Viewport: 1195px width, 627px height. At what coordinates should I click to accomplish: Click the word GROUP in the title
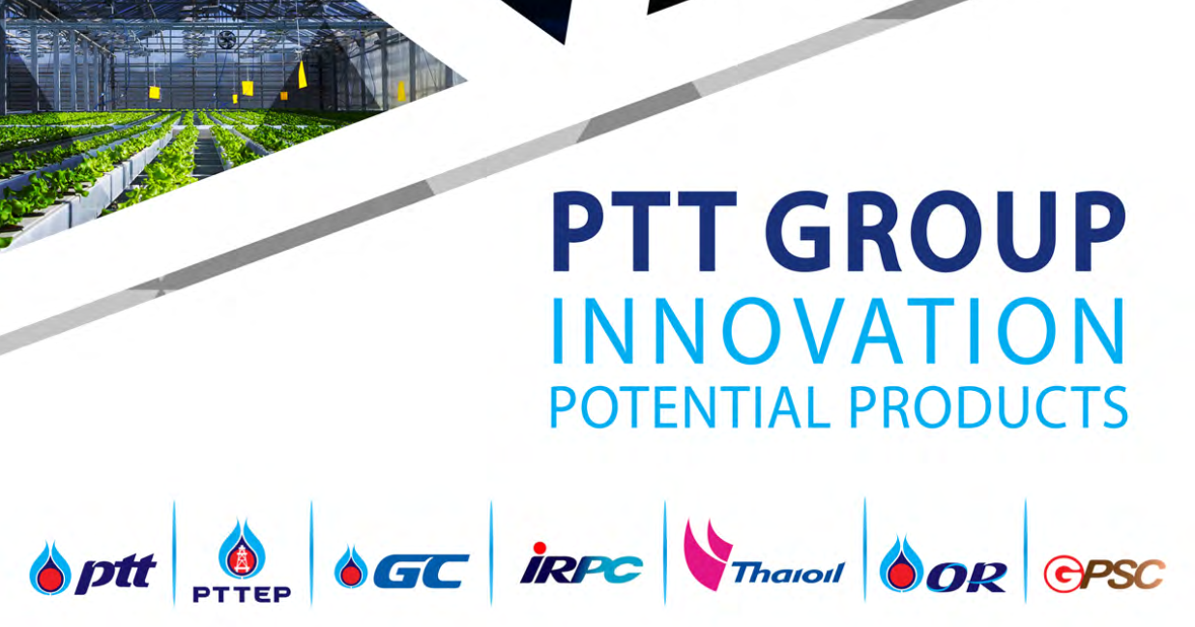click(x=945, y=231)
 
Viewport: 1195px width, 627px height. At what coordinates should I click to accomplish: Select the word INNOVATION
click(x=838, y=331)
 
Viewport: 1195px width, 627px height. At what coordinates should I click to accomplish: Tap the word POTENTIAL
click(x=689, y=407)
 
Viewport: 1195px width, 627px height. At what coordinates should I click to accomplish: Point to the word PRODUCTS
click(x=988, y=407)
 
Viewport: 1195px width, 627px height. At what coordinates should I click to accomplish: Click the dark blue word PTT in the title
click(x=645, y=231)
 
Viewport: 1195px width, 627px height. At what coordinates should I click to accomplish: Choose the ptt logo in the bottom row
click(x=93, y=569)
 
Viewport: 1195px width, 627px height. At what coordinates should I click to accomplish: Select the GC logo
click(x=401, y=569)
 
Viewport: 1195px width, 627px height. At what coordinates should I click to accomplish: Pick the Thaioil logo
click(x=765, y=555)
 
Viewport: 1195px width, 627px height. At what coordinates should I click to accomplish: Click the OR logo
click(x=943, y=565)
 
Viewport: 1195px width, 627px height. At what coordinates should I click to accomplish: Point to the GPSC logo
click(x=1104, y=574)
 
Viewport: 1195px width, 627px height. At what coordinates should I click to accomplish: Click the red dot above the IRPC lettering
click(x=539, y=548)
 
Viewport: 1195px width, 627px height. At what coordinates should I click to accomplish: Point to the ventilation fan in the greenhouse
click(x=226, y=39)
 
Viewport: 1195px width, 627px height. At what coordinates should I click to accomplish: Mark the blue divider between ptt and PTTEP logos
click(x=174, y=552)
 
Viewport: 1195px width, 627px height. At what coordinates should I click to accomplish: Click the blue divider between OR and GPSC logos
click(x=1025, y=552)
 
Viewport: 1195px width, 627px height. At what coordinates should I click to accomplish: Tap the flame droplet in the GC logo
click(x=351, y=567)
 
